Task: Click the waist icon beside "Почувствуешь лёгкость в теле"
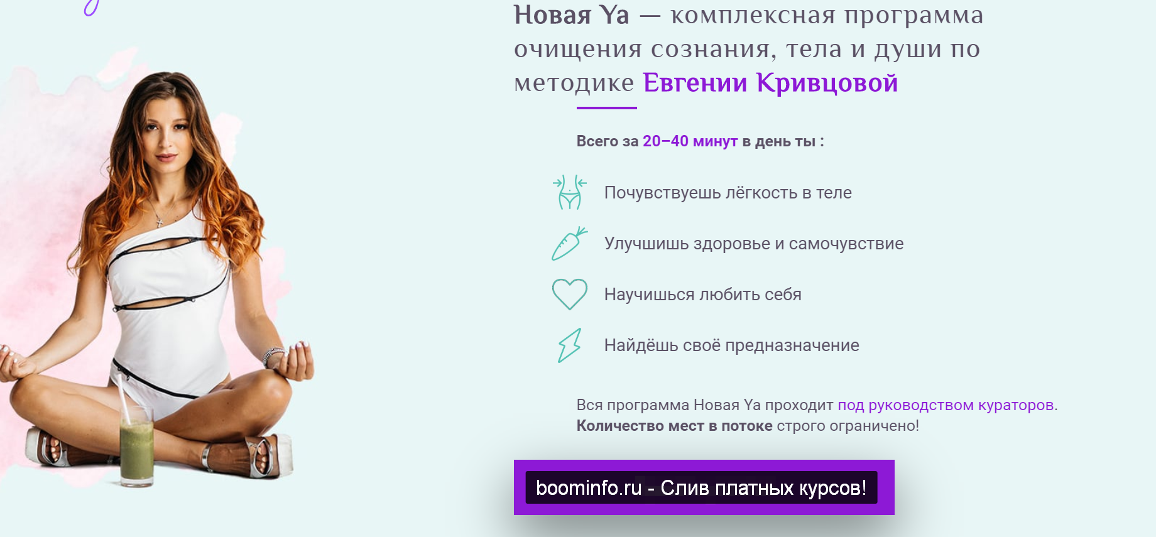(x=570, y=192)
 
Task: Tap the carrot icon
(x=569, y=244)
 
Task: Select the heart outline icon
(x=569, y=294)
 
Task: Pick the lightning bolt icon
(x=569, y=345)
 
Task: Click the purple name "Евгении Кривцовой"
(x=770, y=83)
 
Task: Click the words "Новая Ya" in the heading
(x=571, y=15)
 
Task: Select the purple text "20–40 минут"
(x=689, y=141)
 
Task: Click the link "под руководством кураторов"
(x=946, y=405)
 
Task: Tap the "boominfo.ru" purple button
(x=704, y=487)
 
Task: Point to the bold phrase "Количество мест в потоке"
(x=674, y=426)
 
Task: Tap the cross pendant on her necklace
(x=160, y=222)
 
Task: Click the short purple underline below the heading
(x=606, y=108)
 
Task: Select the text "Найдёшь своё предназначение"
(x=731, y=345)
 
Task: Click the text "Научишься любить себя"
(x=702, y=295)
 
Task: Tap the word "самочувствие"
(x=846, y=244)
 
